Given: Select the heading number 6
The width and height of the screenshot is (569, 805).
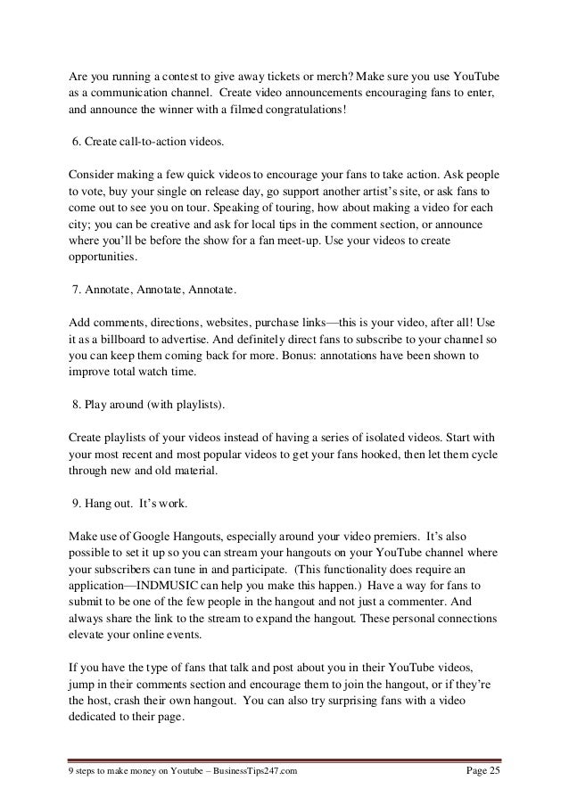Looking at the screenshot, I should pos(76,144).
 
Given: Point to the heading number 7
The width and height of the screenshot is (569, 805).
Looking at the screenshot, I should pos(76,290).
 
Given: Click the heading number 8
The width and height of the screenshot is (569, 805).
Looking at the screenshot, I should pos(76,405).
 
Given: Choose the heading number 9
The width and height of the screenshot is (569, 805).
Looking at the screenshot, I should pos(76,501).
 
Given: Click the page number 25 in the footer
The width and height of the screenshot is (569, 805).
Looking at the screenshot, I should pos(495,770).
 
